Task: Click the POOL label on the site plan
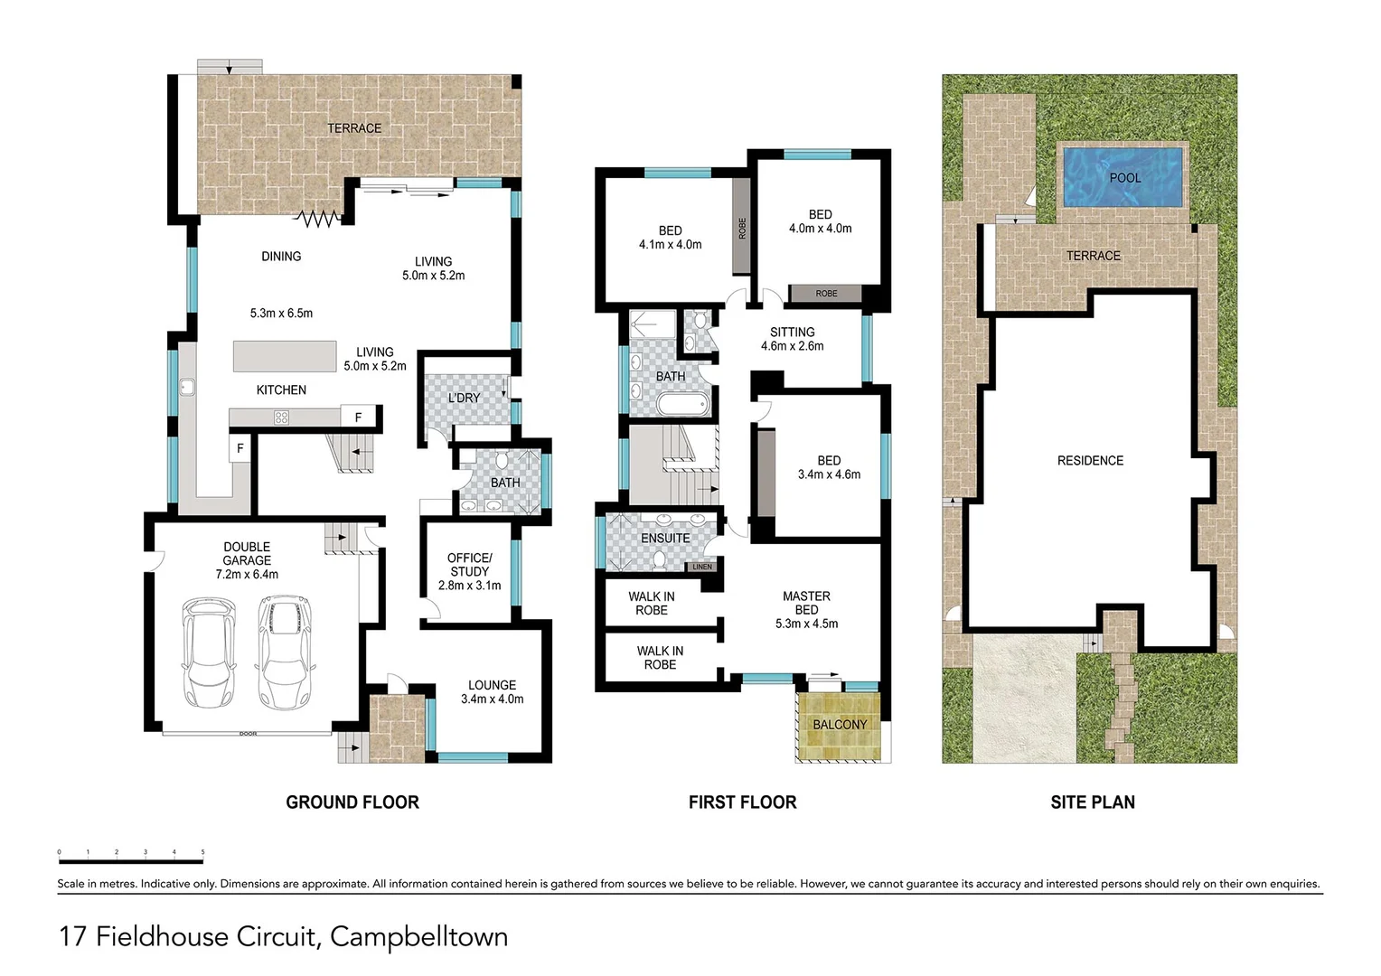(1125, 178)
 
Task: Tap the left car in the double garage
(210, 652)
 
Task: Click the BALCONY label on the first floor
(840, 725)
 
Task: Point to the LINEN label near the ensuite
(702, 567)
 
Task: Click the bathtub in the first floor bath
(683, 406)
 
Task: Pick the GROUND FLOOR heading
(352, 802)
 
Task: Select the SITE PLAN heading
(1093, 802)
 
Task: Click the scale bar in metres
(131, 860)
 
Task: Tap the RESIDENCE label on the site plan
(1090, 461)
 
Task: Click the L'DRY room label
(464, 399)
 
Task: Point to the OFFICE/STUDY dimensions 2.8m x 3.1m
(470, 586)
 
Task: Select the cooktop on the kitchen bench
(281, 418)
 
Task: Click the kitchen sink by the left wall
(187, 387)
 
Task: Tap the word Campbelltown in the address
(419, 936)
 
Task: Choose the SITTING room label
(793, 333)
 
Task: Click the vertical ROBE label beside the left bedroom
(742, 228)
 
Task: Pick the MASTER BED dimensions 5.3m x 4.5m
(806, 624)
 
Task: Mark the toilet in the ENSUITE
(659, 560)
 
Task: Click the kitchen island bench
(285, 356)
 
